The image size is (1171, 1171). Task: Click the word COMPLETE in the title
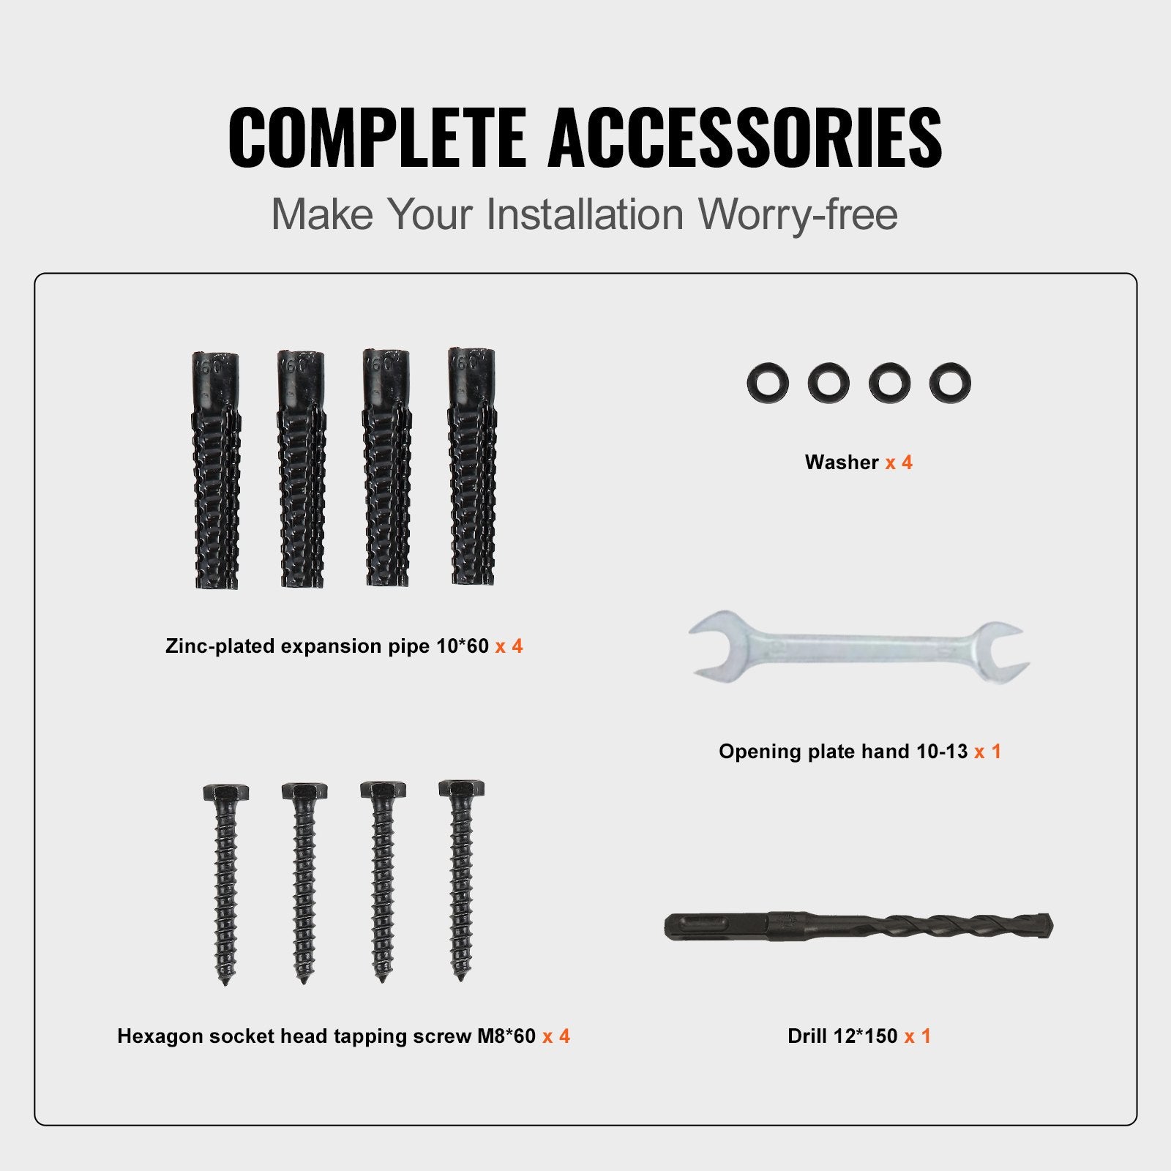click(x=376, y=138)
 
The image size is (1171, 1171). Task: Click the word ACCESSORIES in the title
click(x=744, y=138)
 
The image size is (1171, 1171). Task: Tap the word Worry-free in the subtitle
click(x=797, y=214)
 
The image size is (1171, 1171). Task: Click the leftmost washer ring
click(x=768, y=382)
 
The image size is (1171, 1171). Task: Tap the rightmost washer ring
click(x=950, y=382)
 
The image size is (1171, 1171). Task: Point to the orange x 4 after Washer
click(x=899, y=463)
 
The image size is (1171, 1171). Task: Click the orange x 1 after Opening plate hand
click(x=987, y=752)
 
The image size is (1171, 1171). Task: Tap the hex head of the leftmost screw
click(x=225, y=793)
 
